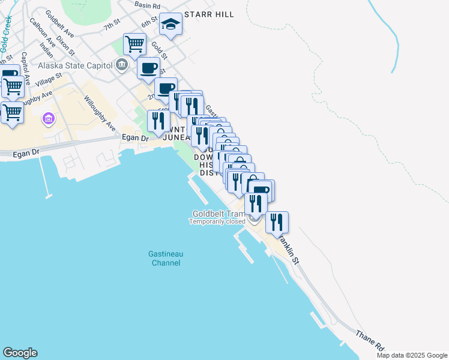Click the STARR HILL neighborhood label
(x=209, y=14)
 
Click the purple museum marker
(x=47, y=119)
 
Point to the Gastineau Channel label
(x=166, y=259)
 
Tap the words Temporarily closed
(x=217, y=221)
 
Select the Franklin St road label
(x=289, y=246)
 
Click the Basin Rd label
(x=147, y=5)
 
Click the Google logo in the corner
(x=20, y=353)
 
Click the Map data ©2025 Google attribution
(x=412, y=355)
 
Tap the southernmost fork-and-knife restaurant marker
(x=277, y=222)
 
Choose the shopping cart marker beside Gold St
(x=134, y=44)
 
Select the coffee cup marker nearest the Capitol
(x=148, y=68)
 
